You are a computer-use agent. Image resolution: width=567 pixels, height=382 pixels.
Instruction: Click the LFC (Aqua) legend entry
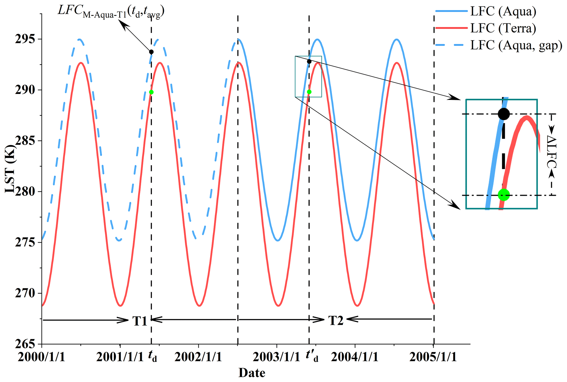click(503, 12)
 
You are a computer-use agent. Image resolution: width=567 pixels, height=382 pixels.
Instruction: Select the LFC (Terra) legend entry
click(503, 28)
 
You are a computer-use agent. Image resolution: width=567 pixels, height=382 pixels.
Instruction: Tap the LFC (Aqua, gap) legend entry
click(516, 45)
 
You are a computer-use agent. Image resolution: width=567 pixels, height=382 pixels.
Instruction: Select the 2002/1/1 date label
click(198, 357)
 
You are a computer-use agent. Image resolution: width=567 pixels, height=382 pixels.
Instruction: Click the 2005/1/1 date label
click(433, 357)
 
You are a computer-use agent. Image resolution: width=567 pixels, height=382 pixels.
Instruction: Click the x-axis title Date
click(252, 373)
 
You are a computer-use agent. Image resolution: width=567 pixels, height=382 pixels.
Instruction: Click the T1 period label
click(140, 320)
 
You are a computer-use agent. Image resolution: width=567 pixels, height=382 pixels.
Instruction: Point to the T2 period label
click(336, 320)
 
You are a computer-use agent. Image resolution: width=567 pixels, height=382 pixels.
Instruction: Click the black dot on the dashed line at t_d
click(151, 52)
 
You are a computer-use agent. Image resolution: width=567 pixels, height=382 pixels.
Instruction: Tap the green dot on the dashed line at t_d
click(151, 92)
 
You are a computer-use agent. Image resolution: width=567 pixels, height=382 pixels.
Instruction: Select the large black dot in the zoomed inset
click(504, 114)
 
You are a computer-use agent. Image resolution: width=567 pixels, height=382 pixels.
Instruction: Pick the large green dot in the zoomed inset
click(504, 195)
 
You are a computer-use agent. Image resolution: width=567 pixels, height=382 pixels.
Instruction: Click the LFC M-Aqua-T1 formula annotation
click(111, 12)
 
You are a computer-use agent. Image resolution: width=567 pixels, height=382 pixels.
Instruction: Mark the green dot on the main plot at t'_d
click(309, 92)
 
